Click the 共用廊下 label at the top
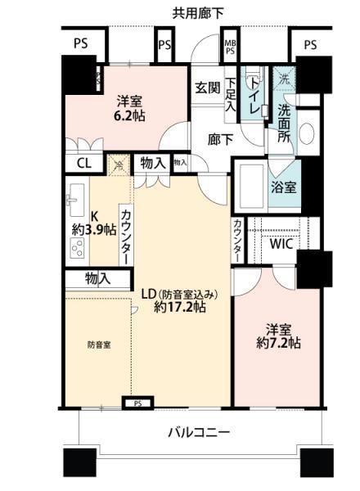tap(198, 12)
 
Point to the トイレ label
tap(255, 92)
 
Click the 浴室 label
tap(284, 186)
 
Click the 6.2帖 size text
tap(128, 117)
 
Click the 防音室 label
tap(99, 345)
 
